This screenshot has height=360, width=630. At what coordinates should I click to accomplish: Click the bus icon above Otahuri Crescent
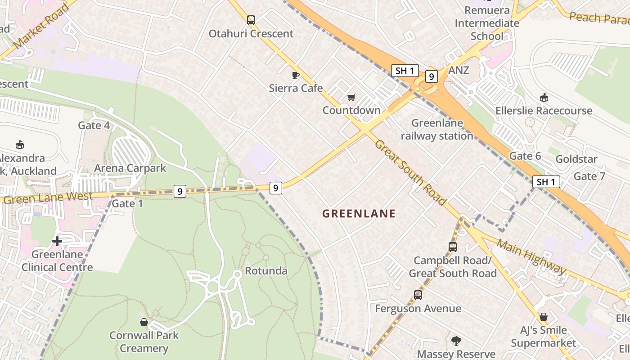tap(251, 20)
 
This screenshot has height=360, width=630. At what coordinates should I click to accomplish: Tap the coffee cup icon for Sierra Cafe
tap(296, 75)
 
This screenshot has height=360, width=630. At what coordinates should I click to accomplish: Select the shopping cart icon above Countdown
tap(351, 98)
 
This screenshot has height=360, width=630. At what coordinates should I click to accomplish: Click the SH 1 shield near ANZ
tap(405, 71)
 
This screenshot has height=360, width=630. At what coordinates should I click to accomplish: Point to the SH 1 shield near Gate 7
tap(546, 182)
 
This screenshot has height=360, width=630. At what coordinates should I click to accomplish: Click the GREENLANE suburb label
tap(359, 214)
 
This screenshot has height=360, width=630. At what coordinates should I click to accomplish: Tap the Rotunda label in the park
tap(266, 271)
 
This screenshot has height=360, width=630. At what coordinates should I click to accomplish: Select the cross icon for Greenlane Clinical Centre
tap(57, 241)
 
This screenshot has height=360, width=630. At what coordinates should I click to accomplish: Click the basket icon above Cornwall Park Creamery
tap(144, 322)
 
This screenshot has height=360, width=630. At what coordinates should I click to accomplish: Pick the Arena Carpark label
tap(130, 168)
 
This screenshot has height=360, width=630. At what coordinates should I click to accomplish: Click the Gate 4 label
tap(94, 125)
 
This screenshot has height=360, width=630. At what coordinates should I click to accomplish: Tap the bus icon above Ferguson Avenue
tap(418, 295)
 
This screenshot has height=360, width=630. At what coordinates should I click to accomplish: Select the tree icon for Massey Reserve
tap(456, 341)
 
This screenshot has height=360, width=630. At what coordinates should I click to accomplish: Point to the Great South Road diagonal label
tap(409, 172)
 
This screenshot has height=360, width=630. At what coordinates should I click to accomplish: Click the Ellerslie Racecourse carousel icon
tap(544, 97)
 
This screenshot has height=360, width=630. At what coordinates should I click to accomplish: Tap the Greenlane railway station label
tap(437, 129)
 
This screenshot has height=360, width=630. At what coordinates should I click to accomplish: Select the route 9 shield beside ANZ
tap(431, 76)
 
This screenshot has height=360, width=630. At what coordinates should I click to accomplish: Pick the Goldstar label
tap(576, 159)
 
